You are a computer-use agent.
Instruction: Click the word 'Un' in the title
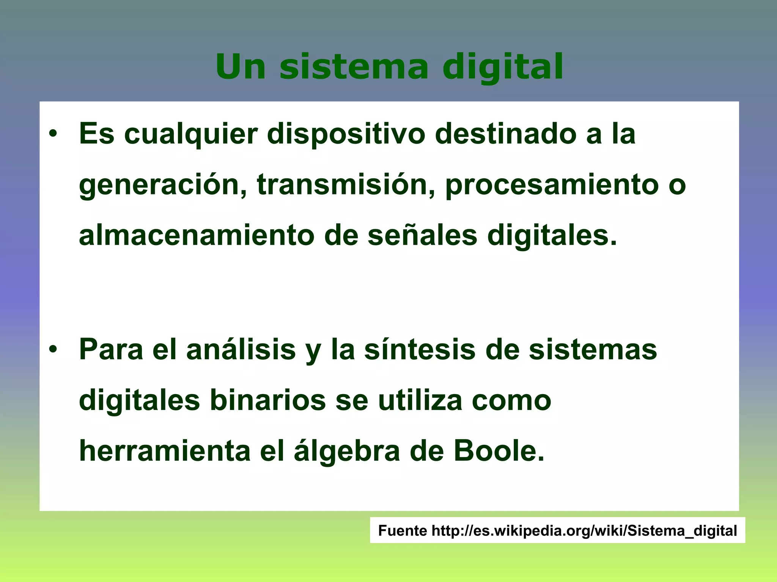tap(241, 67)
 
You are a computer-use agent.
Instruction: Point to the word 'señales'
tap(422, 236)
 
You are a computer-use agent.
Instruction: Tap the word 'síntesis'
tap(420, 349)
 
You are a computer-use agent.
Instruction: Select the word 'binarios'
tap(267, 401)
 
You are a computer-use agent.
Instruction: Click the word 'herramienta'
tap(165, 451)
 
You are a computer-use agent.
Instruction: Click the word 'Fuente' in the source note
tap(402, 530)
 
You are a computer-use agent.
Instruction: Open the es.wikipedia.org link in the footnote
tap(584, 530)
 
